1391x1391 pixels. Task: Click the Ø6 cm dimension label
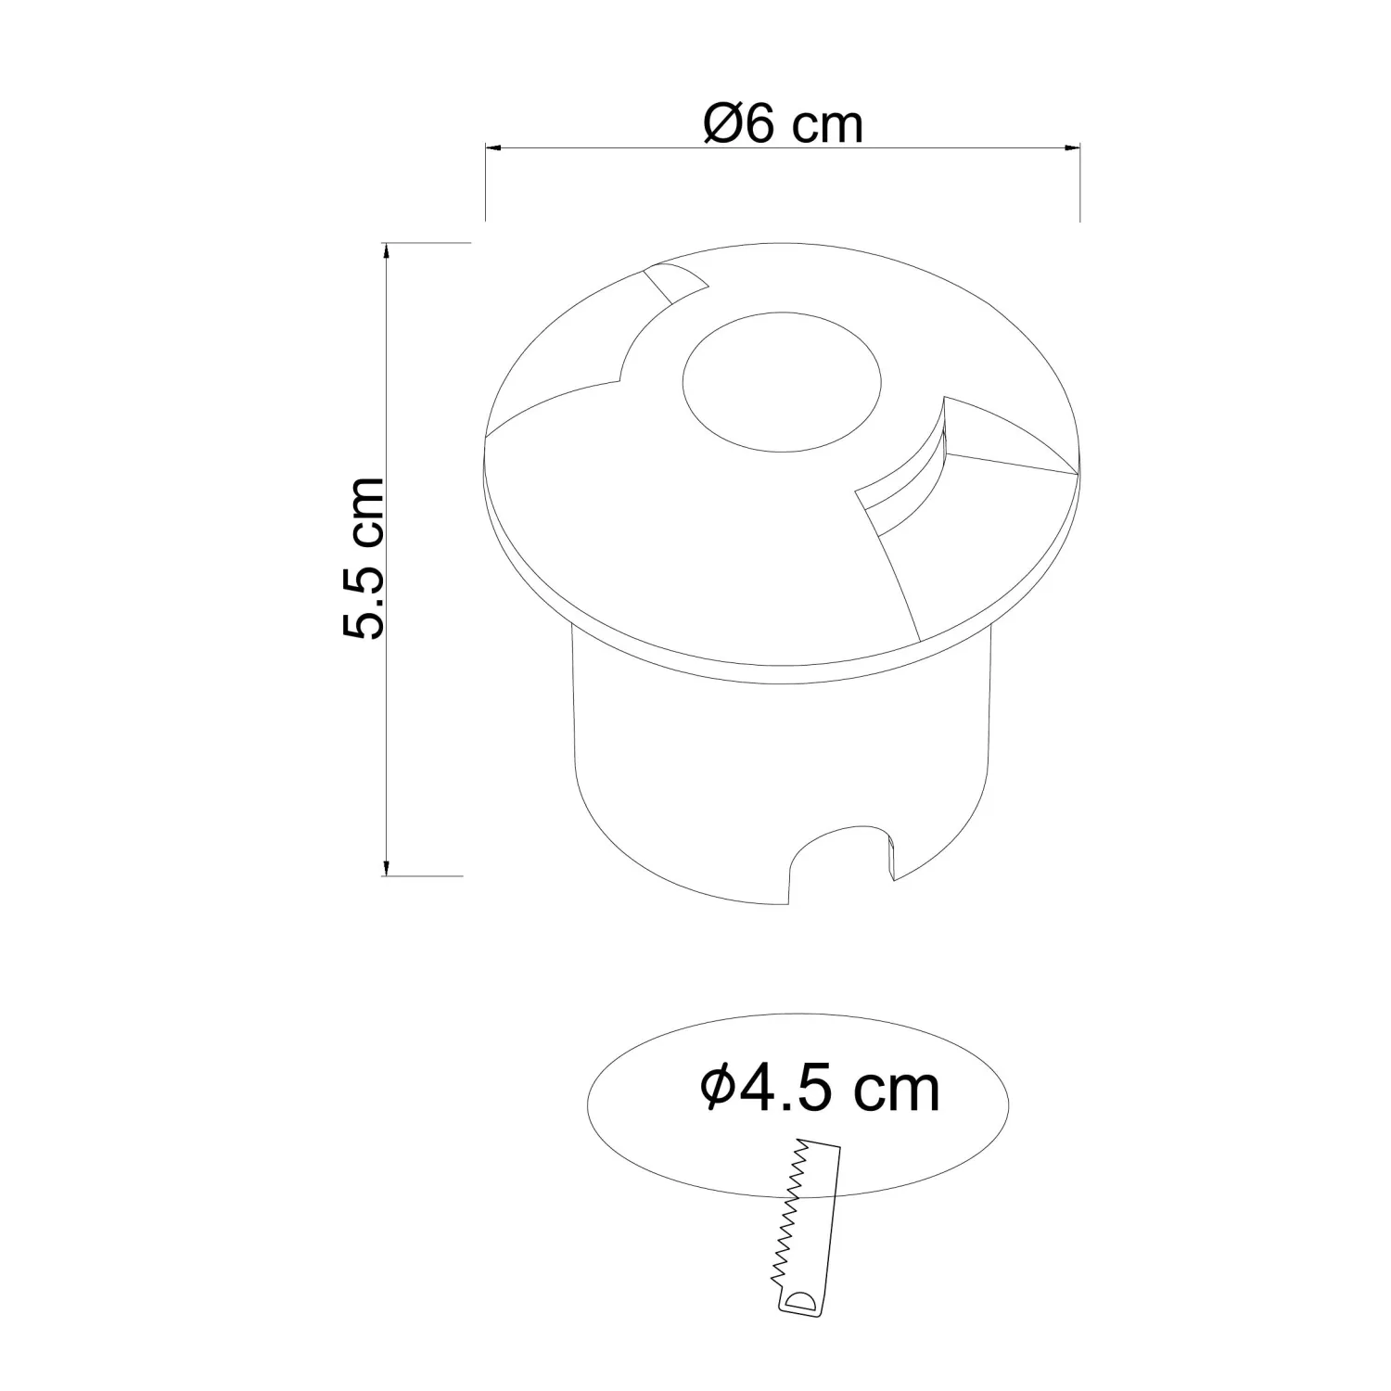point(784,123)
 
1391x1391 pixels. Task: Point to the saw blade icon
point(804,1226)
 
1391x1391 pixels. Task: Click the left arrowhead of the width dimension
point(492,147)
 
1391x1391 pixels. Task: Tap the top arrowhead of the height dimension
point(386,249)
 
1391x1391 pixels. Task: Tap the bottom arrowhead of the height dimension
point(386,867)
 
